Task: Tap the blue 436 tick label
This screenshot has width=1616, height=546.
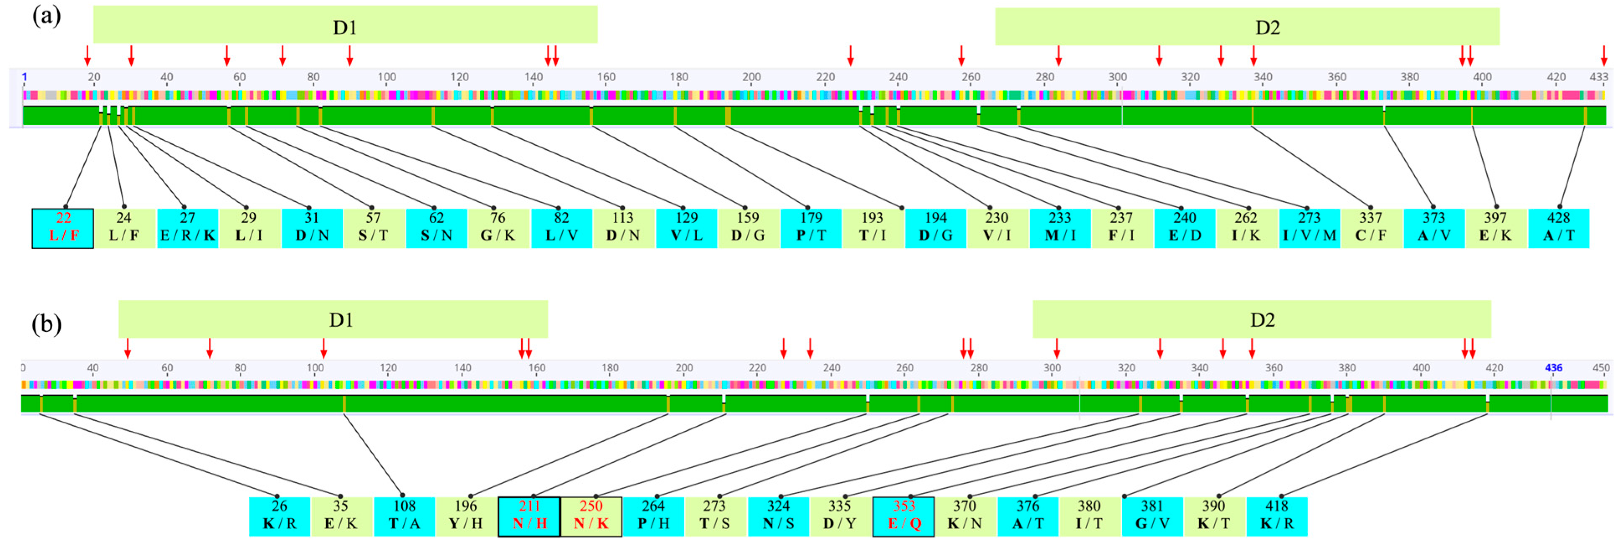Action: pos(1553,368)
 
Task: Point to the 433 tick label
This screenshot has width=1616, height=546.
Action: pos(1598,77)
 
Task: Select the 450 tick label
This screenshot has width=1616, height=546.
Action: pos(1601,368)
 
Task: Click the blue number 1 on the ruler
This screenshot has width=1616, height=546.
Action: pos(24,77)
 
